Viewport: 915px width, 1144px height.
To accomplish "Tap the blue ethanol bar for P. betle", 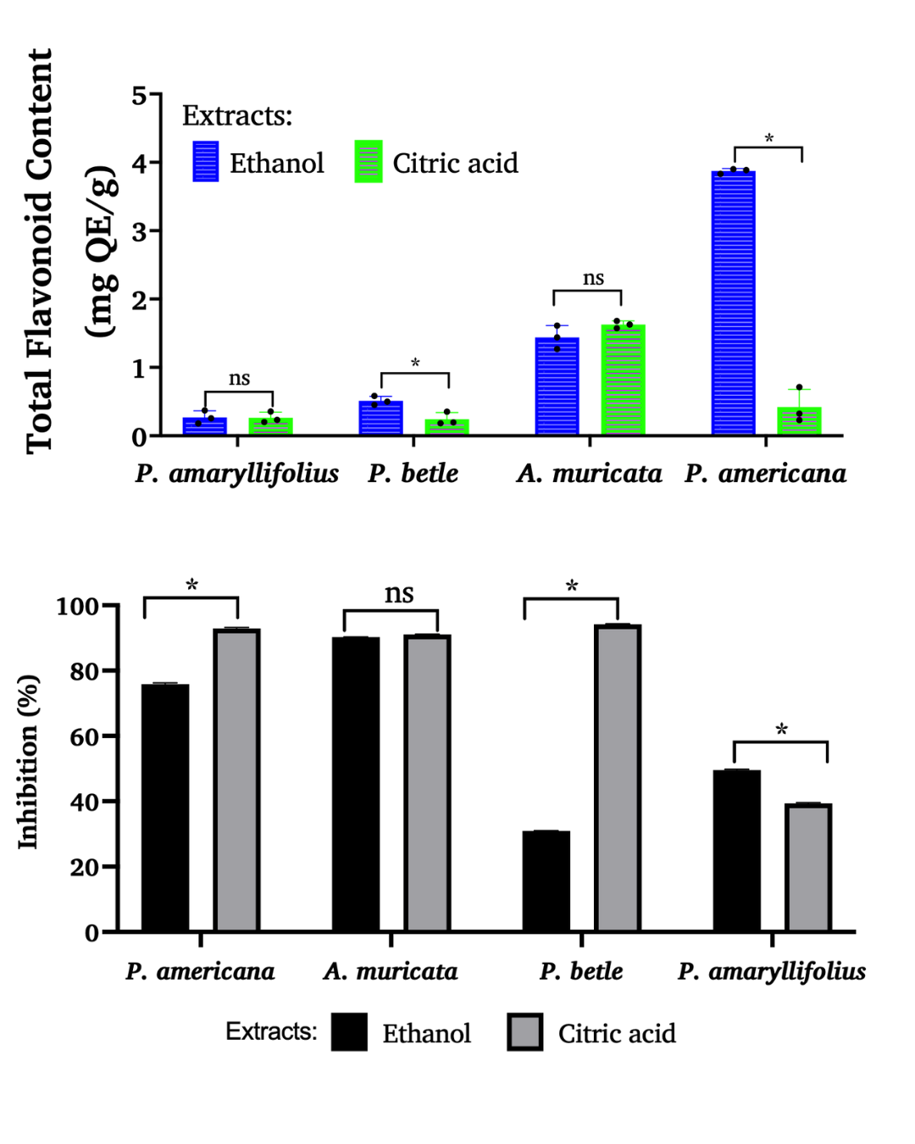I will pyautogui.click(x=380, y=418).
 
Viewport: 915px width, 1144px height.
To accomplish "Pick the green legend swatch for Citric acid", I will pyautogui.click(x=369, y=162).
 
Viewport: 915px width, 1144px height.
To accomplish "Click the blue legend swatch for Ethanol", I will pyautogui.click(x=206, y=162).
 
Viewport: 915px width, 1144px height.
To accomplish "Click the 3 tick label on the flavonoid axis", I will pyautogui.click(x=139, y=231).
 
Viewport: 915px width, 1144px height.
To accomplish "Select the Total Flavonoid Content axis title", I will pyautogui.click(x=40, y=251).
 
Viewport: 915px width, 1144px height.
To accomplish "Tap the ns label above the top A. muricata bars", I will pyautogui.click(x=593, y=278).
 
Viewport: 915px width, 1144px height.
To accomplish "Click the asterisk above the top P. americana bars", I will pyautogui.click(x=768, y=138).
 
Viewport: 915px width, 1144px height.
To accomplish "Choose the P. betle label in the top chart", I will pyautogui.click(x=413, y=473).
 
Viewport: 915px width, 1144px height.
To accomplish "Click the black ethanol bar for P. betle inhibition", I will pyautogui.click(x=546, y=881).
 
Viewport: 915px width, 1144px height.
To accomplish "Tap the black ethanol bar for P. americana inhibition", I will pyautogui.click(x=165, y=808).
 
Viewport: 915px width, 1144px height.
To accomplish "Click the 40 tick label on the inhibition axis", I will pyautogui.click(x=85, y=802).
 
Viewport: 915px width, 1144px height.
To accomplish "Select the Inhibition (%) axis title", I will pyautogui.click(x=28, y=762).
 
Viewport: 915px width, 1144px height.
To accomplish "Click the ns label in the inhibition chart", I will pyautogui.click(x=399, y=593).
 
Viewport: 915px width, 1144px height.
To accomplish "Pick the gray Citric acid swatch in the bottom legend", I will pyautogui.click(x=525, y=1032).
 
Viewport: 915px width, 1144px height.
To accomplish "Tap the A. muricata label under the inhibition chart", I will pyautogui.click(x=390, y=971).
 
